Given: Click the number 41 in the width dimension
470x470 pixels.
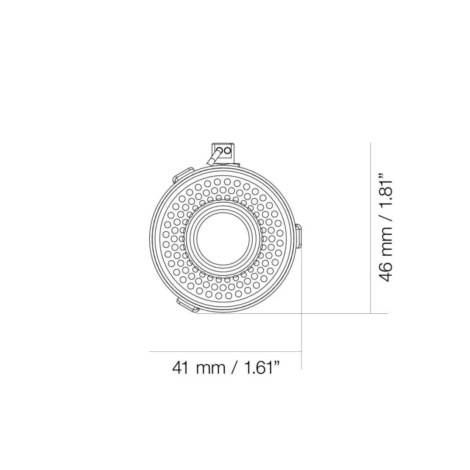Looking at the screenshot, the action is pos(181,367).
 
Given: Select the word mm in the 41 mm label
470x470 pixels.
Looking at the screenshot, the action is pos(210,369).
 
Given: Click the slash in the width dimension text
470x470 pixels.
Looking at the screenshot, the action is pos(235,367).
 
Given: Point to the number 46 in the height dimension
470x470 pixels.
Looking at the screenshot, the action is pos(386,272).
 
